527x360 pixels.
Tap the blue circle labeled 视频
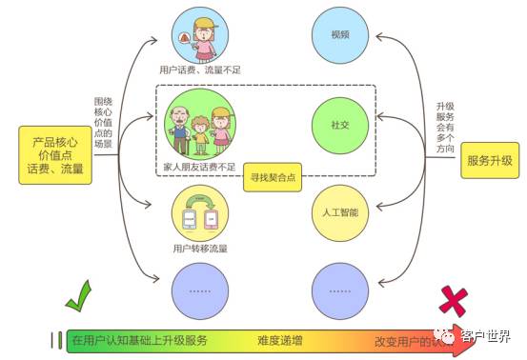[340, 35]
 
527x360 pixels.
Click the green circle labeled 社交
[340, 124]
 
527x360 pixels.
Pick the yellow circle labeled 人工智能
[340, 210]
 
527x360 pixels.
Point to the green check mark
[76, 307]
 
